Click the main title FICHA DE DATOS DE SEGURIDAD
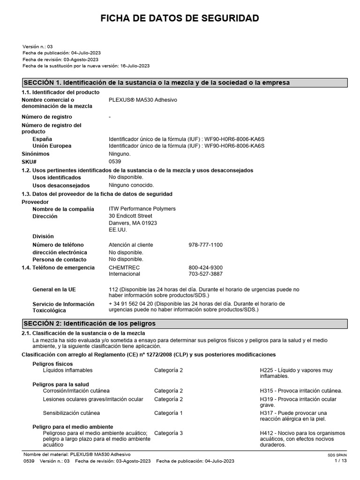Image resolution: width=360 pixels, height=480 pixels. (180, 18)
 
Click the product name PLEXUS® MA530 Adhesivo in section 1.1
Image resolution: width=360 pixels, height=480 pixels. (143, 100)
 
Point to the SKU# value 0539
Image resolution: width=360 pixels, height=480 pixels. (115, 161)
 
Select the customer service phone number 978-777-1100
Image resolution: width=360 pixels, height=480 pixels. (205, 245)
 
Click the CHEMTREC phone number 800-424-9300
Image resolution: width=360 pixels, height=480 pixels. (205, 268)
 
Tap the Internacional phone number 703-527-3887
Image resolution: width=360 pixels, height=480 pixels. (205, 274)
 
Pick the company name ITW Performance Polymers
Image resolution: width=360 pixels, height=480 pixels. (142, 209)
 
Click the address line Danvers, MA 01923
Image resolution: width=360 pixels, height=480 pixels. (133, 223)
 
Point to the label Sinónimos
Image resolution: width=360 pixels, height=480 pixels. (37, 154)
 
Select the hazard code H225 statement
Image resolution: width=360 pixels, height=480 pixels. (296, 373)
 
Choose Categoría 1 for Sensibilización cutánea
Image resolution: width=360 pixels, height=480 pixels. (168, 413)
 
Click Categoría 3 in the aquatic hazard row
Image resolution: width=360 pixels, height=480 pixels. (168, 433)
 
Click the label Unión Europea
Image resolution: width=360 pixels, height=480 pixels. (52, 146)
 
